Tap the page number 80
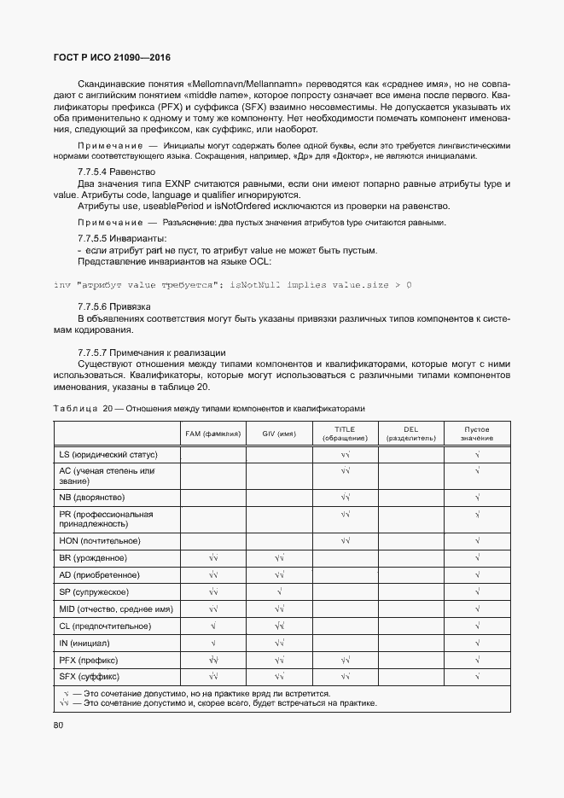tap(59, 725)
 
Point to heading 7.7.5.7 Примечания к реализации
tap(151, 352)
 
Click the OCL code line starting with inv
tap(232, 283)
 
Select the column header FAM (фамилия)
tap(213, 434)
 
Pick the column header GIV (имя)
tap(279, 434)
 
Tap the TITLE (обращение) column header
tap(345, 434)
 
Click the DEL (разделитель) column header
tap(411, 434)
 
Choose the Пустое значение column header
tap(477, 434)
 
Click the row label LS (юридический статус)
tap(108, 455)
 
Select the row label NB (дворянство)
tap(92, 497)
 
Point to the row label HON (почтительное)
tap(99, 541)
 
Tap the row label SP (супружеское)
tap(94, 591)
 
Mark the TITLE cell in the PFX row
tap(345, 660)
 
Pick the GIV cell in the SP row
tap(279, 591)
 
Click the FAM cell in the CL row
tap(213, 626)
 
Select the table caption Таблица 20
tap(208, 407)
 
